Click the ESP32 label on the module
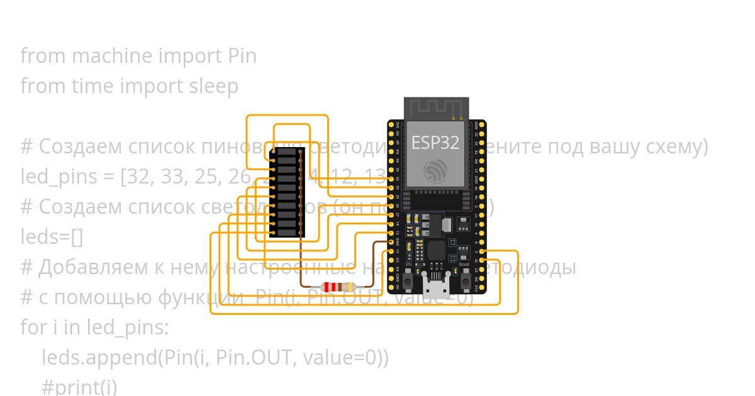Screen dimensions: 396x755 (x=435, y=143)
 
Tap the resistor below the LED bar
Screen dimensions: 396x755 (x=337, y=287)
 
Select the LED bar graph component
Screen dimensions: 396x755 (x=287, y=192)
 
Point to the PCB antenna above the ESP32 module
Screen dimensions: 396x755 (x=436, y=107)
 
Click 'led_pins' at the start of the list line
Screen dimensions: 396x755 (x=59, y=177)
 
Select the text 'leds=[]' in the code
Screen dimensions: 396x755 (x=52, y=237)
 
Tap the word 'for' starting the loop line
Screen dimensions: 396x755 (x=31, y=327)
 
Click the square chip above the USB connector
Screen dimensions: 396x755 (x=436, y=251)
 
